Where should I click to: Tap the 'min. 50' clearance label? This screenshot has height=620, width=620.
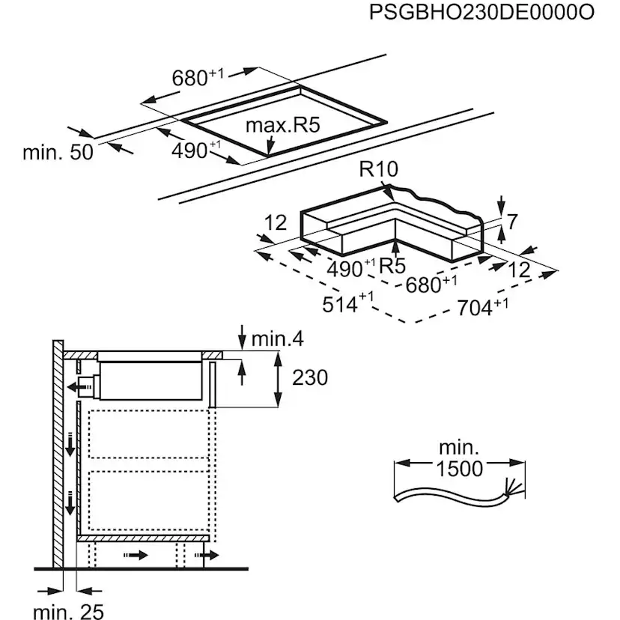[x=58, y=152]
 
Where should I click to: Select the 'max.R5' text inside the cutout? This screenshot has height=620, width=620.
[x=283, y=124]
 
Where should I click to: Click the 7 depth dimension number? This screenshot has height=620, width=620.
[x=512, y=222]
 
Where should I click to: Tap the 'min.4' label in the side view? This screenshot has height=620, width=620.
[x=276, y=339]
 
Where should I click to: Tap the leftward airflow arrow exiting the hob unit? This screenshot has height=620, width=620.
[x=76, y=386]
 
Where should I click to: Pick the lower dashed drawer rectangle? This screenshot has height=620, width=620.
[x=150, y=495]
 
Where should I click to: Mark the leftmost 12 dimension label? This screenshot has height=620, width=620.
[x=276, y=222]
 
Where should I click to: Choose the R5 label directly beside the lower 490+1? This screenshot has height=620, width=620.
[x=392, y=266]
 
